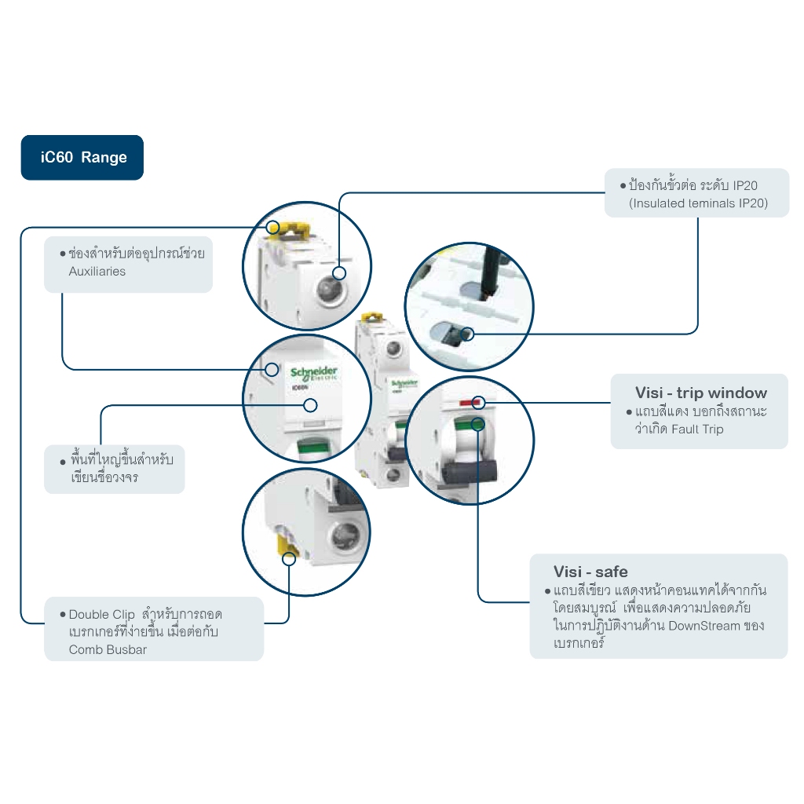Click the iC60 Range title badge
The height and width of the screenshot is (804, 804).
(82, 158)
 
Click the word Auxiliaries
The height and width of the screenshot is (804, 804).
(97, 272)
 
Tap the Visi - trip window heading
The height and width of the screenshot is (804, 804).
(700, 393)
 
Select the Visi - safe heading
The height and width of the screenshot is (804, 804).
(590, 572)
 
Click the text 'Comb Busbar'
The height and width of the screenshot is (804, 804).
(108, 649)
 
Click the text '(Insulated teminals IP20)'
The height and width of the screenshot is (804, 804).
(698, 203)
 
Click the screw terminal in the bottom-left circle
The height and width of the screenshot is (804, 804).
(343, 537)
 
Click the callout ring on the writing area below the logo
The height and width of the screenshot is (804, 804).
(310, 405)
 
